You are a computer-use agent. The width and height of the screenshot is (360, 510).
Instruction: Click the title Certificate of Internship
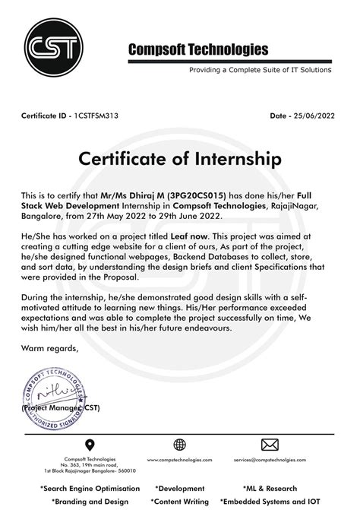(179, 160)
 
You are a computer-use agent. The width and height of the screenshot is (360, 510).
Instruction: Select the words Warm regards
(51, 347)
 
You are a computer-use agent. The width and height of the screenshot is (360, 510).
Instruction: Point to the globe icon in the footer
(179, 445)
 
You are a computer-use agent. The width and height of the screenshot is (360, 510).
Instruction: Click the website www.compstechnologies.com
(179, 461)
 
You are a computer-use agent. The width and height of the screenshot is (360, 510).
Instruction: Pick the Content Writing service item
(182, 502)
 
